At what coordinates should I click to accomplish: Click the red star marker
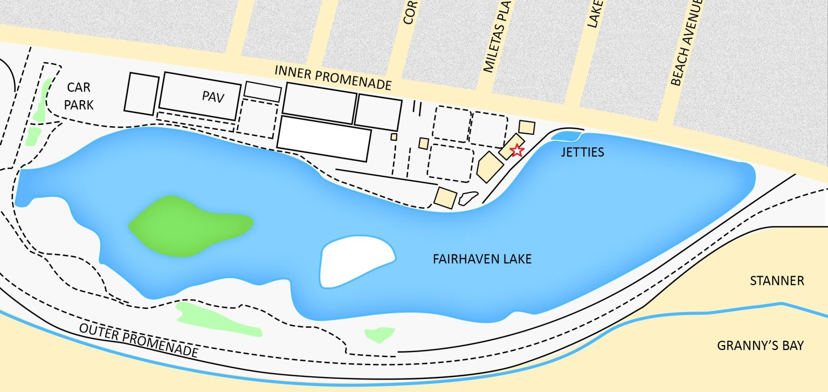click(516, 150)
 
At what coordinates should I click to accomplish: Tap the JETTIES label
click(581, 153)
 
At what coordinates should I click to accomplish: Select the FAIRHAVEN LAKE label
click(482, 259)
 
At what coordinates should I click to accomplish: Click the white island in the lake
click(356, 260)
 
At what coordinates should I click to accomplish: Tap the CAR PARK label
click(79, 96)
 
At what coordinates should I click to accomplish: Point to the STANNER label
click(777, 281)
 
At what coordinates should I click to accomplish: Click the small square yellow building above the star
click(527, 128)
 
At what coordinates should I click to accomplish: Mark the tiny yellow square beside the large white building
click(394, 137)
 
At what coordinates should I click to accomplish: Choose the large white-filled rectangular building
click(325, 139)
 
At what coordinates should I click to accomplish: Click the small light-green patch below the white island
click(379, 334)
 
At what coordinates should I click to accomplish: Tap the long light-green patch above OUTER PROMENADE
click(218, 319)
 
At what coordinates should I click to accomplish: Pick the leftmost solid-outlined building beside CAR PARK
click(142, 94)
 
